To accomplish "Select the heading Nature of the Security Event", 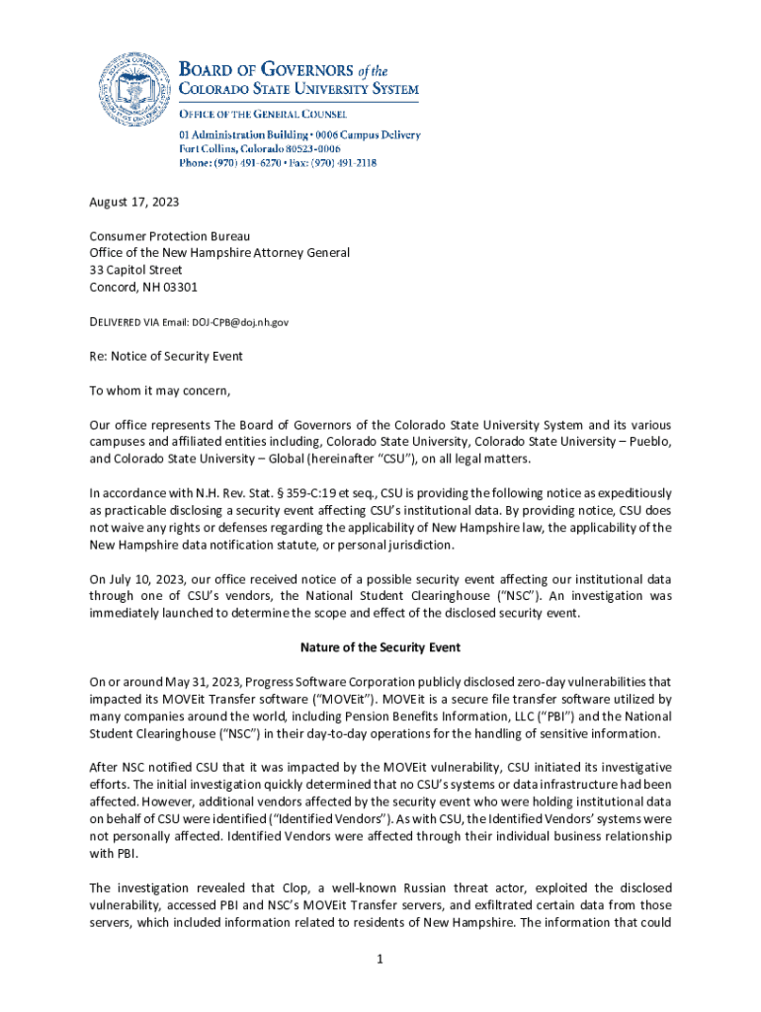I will [x=380, y=648].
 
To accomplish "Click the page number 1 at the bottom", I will [x=380, y=959].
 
